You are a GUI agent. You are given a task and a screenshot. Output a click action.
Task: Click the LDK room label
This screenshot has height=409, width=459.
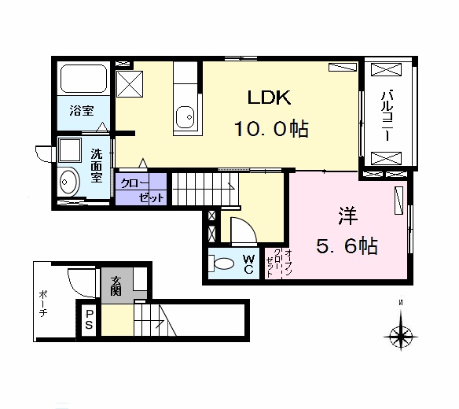[x=270, y=98]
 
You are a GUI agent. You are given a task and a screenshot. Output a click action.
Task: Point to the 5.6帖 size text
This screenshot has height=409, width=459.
[x=347, y=246]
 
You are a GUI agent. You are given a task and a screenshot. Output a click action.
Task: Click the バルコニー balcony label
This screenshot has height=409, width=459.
[x=387, y=115]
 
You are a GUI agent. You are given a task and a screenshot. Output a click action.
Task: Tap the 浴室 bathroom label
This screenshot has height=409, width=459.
[x=80, y=111]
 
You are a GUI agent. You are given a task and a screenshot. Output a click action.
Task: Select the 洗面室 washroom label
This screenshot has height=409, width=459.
[x=96, y=165]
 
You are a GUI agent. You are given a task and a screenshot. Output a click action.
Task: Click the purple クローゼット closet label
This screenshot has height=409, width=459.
[x=141, y=190]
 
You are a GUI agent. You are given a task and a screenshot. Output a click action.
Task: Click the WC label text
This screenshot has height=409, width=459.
[x=248, y=264]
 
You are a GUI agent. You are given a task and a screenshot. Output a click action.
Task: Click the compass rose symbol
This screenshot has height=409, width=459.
[x=402, y=337]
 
